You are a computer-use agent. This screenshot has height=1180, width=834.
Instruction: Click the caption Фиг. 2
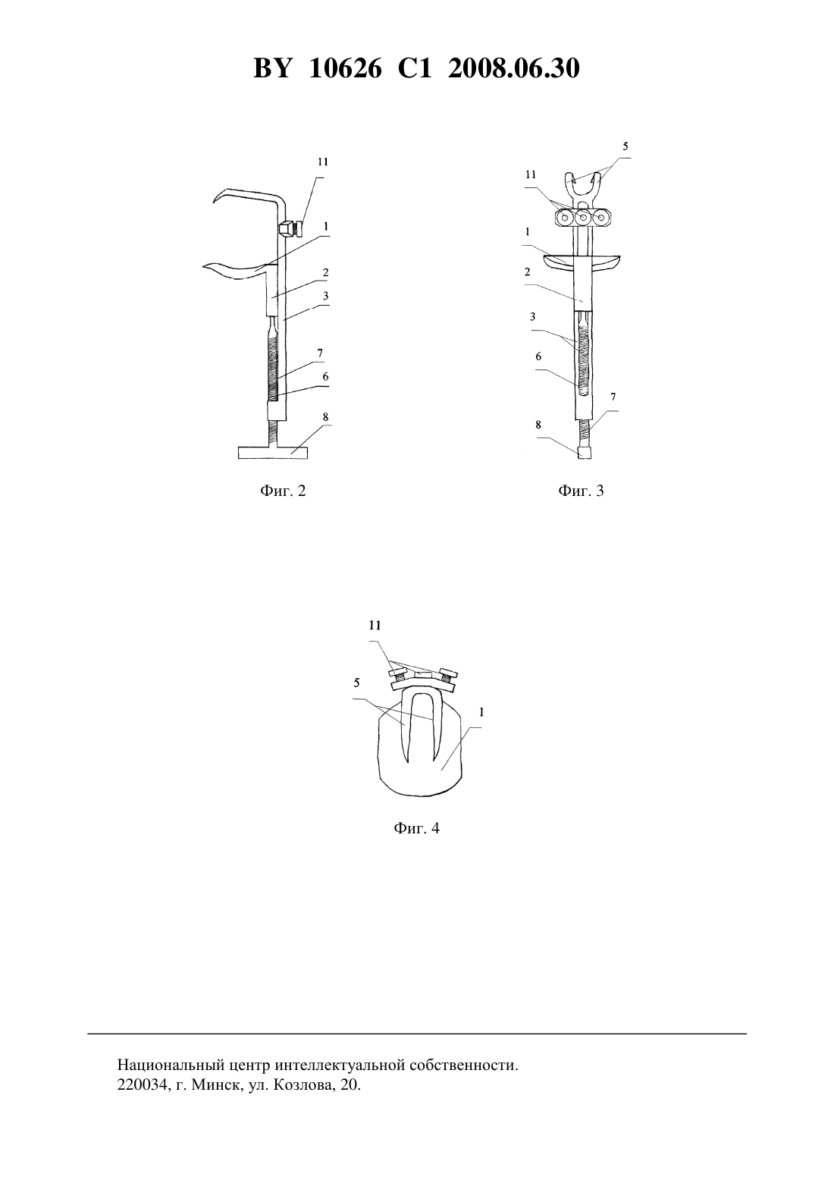[283, 491]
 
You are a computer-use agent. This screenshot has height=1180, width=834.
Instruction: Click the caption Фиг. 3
[581, 491]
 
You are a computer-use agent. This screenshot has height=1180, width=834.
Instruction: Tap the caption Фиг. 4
[416, 828]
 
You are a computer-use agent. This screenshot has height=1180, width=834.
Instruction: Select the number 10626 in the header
[345, 68]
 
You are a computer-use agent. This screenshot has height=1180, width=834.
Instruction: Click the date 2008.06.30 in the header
[514, 68]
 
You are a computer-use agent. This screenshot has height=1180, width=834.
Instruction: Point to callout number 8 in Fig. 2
[325, 416]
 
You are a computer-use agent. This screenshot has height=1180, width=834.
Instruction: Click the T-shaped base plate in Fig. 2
[273, 453]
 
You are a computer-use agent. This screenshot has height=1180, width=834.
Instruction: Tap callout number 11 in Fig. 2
[323, 162]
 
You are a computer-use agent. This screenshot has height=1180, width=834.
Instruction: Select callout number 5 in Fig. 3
[625, 146]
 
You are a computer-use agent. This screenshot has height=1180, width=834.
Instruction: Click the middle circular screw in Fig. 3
[583, 216]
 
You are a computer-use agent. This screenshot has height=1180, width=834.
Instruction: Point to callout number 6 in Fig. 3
[538, 356]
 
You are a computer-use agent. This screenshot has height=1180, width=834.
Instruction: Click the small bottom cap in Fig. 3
[584, 453]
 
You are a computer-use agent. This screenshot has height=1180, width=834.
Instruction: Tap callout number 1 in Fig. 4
[481, 713]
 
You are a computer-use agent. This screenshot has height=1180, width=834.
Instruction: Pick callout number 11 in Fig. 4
[375, 626]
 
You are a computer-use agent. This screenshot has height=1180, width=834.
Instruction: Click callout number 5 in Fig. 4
[356, 683]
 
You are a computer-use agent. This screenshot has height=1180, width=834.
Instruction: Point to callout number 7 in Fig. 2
[320, 353]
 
